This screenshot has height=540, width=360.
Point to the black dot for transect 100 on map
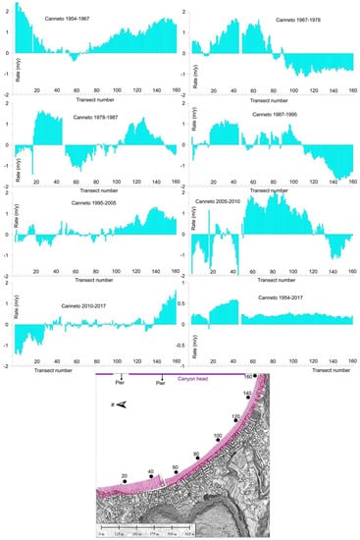[x=216, y=437]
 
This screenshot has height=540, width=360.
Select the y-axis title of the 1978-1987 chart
[x=7, y=147]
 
